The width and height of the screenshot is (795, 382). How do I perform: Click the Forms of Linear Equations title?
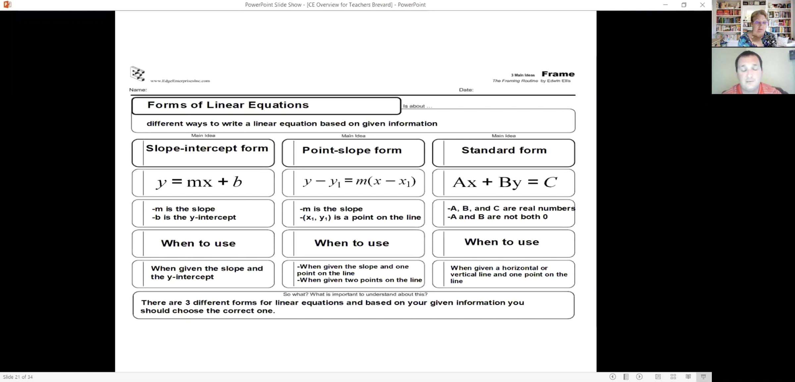coord(228,105)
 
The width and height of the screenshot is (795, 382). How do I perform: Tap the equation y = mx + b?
coord(199,182)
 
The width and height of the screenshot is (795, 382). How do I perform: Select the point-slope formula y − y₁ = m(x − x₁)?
coord(359,182)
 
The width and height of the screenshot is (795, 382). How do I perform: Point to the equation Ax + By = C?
coord(504,182)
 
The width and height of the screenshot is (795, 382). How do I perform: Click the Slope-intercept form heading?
coord(207,148)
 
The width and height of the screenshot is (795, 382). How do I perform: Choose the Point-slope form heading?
coord(352,150)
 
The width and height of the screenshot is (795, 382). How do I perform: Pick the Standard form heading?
coord(504,150)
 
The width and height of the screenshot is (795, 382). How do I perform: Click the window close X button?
coord(702,5)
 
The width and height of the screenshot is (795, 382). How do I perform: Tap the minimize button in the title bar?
coord(665,5)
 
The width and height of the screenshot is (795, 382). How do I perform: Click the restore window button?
coord(684,5)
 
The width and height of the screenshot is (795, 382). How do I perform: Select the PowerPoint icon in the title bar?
coord(7,5)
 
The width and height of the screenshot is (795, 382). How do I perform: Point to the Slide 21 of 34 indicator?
coord(18,377)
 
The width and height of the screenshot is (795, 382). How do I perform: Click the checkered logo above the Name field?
coord(137,74)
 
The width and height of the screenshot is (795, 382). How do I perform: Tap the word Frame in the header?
coord(558,74)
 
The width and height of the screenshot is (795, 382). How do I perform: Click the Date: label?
coord(466,90)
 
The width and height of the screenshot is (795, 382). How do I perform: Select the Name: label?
coord(138,90)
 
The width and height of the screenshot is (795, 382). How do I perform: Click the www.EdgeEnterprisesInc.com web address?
coord(180,81)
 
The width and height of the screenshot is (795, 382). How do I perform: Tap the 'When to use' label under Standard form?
coord(502,242)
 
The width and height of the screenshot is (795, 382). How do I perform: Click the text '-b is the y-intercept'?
coord(194,217)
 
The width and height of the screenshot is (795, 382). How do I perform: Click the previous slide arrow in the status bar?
coord(612,377)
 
